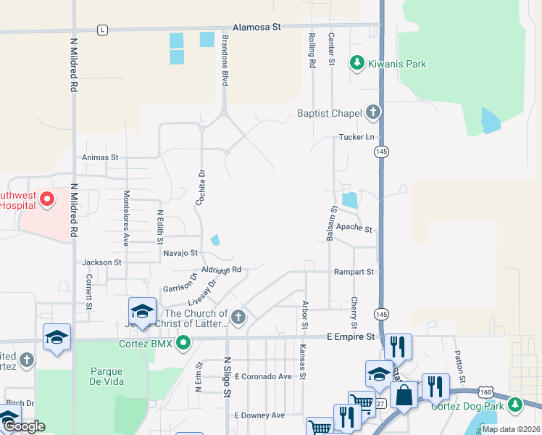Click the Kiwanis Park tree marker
[357, 64]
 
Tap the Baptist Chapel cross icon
[373, 112]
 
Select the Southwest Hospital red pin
[47, 199]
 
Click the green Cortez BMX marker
[183, 343]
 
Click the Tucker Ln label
[356, 137]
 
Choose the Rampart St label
[354, 272]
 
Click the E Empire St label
[351, 337]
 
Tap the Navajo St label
[181, 253]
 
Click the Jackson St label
[101, 262]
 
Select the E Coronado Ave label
[263, 377]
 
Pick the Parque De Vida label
[106, 376]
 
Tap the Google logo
[25, 426]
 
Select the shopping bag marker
[405, 396]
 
